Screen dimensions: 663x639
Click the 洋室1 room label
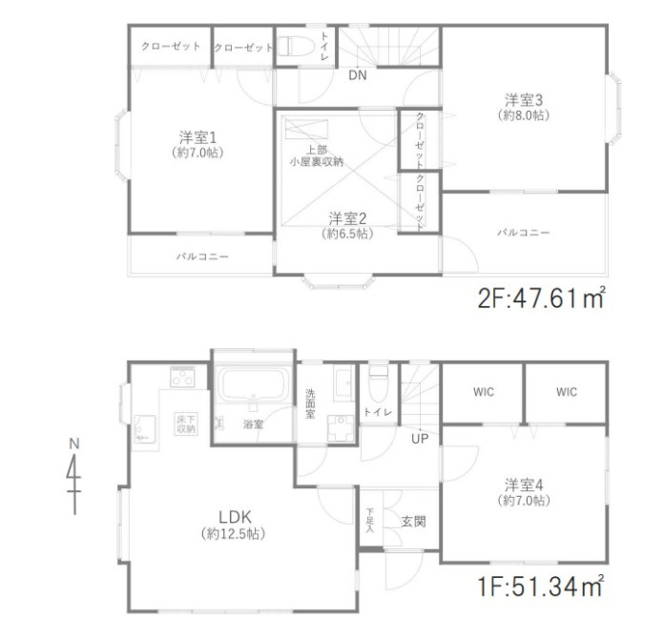(197, 137)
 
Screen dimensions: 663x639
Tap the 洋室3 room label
(524, 100)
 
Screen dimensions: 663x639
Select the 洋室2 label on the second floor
(347, 218)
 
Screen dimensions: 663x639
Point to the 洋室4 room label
(524, 484)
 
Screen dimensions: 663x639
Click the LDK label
(235, 517)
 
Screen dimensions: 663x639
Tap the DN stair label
(358, 75)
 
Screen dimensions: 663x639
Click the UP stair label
(420, 439)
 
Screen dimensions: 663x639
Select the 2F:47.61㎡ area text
(542, 298)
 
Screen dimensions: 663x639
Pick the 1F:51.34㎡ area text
(541, 587)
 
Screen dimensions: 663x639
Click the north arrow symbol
(74, 478)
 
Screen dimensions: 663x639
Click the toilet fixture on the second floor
(296, 46)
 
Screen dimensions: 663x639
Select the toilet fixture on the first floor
(379, 383)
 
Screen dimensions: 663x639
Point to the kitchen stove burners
(182, 377)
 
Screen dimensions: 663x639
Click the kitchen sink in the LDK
(144, 428)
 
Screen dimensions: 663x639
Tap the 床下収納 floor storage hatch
(186, 423)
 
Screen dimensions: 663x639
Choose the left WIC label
(484, 392)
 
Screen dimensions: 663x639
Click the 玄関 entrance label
(413, 522)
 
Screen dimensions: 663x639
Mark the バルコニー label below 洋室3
(523, 233)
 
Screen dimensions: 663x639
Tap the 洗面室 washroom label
(310, 404)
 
